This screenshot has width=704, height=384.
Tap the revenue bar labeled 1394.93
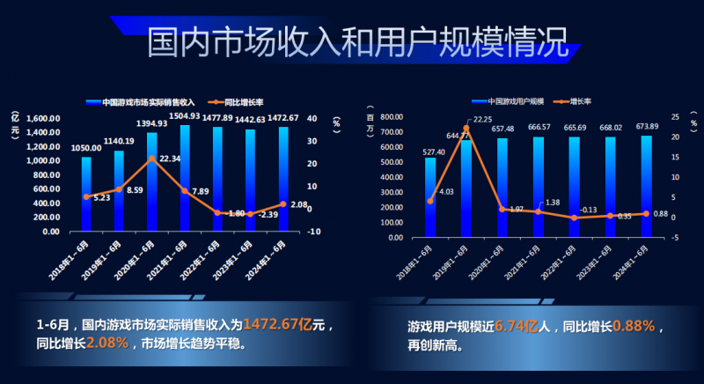pyautogui.click(x=151, y=181)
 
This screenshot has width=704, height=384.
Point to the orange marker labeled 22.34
pyautogui.click(x=151, y=159)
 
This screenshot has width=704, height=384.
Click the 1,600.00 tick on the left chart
pyautogui.click(x=43, y=118)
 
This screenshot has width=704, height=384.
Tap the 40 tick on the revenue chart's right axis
pyautogui.click(x=311, y=118)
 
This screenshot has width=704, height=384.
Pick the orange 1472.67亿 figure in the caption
pyautogui.click(x=276, y=324)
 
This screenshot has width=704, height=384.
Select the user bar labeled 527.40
pyautogui.click(x=430, y=198)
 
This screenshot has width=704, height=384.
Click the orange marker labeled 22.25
pyautogui.click(x=466, y=129)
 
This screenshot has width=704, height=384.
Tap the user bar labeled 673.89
pyautogui.click(x=646, y=185)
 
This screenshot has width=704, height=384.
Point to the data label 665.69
pyautogui.click(x=575, y=128)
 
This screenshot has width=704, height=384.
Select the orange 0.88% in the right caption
pyautogui.click(x=634, y=327)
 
